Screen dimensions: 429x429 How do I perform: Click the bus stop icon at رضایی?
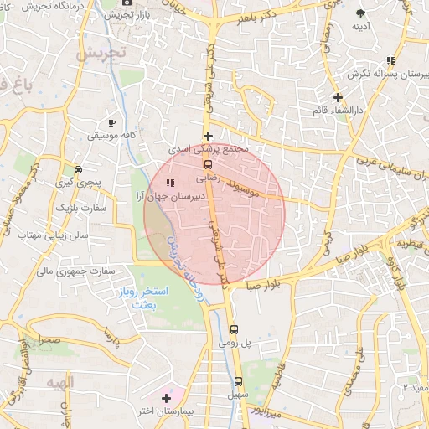point(208,165)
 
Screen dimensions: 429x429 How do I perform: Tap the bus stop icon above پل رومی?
point(234,329)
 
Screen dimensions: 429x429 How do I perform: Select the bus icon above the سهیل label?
point(238,380)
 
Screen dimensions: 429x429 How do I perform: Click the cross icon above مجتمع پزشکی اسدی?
point(209,136)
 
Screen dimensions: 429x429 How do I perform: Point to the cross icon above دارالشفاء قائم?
point(338,97)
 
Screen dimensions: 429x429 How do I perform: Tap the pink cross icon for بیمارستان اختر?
point(166,398)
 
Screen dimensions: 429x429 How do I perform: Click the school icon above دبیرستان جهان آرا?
point(171,183)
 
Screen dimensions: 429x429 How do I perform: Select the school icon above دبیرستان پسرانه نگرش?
point(390,60)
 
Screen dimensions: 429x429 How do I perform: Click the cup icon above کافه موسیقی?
point(111,122)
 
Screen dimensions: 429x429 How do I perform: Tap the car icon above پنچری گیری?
point(77,168)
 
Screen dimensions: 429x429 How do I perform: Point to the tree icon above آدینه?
point(360,13)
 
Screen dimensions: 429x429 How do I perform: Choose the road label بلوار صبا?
point(264,285)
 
